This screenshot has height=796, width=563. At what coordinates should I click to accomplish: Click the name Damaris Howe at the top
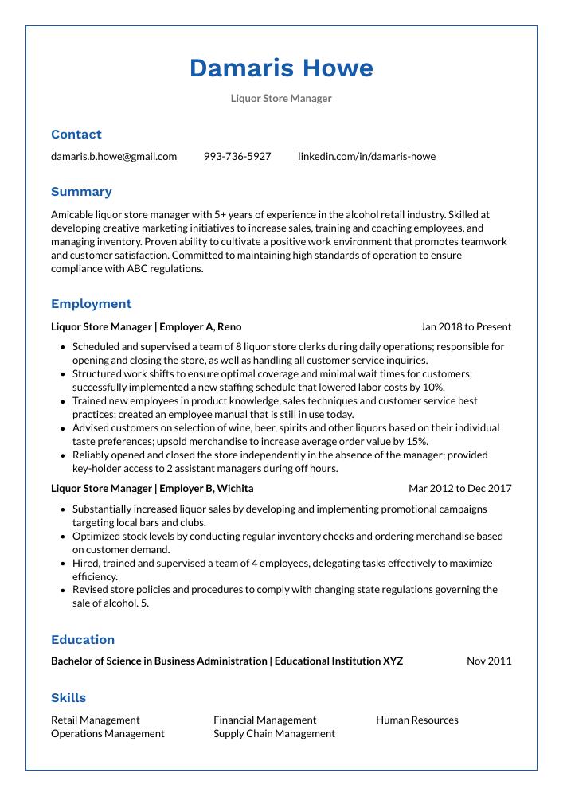pyautogui.click(x=281, y=68)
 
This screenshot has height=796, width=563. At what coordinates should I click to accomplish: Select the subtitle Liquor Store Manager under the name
pyautogui.click(x=281, y=99)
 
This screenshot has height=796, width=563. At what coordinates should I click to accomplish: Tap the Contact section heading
pyautogui.click(x=76, y=135)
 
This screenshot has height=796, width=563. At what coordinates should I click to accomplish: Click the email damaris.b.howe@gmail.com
pyautogui.click(x=114, y=156)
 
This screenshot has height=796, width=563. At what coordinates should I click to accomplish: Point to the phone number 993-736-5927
pyautogui.click(x=237, y=156)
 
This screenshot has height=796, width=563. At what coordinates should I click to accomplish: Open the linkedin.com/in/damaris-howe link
pyautogui.click(x=366, y=156)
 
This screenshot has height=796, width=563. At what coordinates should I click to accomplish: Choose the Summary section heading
pyautogui.click(x=81, y=192)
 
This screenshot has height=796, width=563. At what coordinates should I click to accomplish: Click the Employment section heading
pyautogui.click(x=91, y=304)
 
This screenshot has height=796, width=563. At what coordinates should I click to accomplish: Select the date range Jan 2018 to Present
pyautogui.click(x=466, y=326)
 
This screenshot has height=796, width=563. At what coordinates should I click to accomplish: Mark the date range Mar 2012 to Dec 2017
pyautogui.click(x=459, y=488)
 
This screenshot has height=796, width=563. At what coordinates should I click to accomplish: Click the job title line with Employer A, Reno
pyautogui.click(x=146, y=326)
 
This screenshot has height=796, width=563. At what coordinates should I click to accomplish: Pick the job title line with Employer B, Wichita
pyautogui.click(x=152, y=488)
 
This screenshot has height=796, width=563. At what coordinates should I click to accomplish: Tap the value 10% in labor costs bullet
pyautogui.click(x=432, y=387)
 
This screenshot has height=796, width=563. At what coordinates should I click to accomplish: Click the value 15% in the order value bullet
pyautogui.click(x=416, y=441)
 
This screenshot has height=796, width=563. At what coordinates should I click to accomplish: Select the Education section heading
pyautogui.click(x=83, y=640)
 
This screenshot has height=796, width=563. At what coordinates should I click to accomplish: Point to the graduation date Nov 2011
pyautogui.click(x=489, y=661)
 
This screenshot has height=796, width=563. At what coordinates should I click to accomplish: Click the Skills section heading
pyautogui.click(x=68, y=698)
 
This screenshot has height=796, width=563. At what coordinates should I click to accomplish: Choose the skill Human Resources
pyautogui.click(x=416, y=720)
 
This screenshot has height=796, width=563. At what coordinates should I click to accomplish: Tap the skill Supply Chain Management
pyautogui.click(x=274, y=733)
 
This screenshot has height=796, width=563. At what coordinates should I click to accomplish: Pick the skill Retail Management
pyautogui.click(x=95, y=720)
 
